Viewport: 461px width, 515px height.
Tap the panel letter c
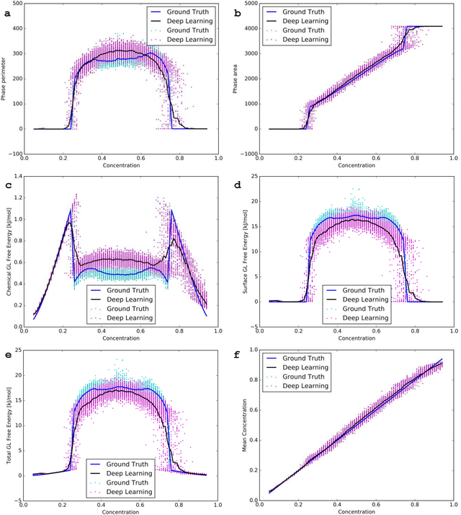pyautogui.click(x=6, y=185)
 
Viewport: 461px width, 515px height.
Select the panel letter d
pyautogui.click(x=239, y=185)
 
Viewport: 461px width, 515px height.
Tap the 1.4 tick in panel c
pyautogui.click(x=17, y=176)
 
